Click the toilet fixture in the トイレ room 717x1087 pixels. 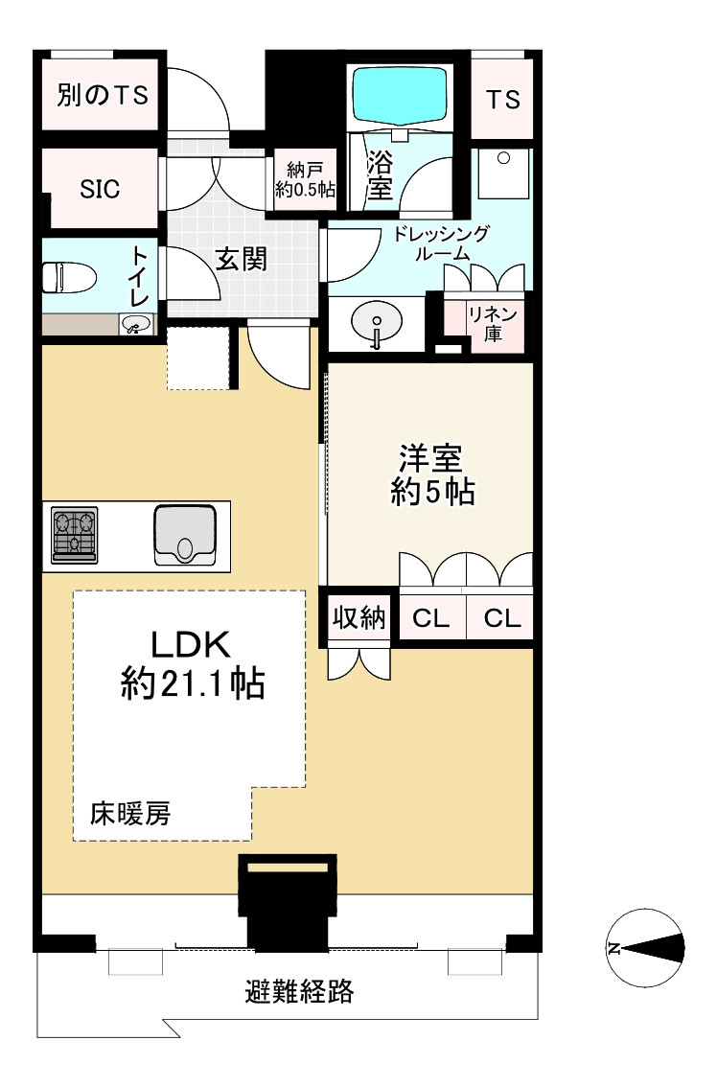(69, 277)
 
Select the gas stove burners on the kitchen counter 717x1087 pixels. (74, 535)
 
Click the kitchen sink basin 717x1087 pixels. (184, 535)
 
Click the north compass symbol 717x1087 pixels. (645, 947)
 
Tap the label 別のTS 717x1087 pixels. (103, 95)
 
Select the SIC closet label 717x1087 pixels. (100, 189)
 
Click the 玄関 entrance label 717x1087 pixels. (241, 259)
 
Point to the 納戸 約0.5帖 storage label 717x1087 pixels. (305, 180)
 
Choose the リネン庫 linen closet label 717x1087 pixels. (493, 324)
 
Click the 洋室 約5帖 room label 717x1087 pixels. (431, 474)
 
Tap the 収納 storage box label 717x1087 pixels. (358, 617)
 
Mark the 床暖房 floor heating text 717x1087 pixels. (129, 813)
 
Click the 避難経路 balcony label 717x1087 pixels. (300, 990)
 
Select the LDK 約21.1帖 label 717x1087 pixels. (192, 665)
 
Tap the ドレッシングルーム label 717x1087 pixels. (442, 243)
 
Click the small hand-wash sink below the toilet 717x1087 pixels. (137, 324)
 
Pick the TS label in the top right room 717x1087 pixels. (502, 100)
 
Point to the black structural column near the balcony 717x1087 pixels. (288, 902)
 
